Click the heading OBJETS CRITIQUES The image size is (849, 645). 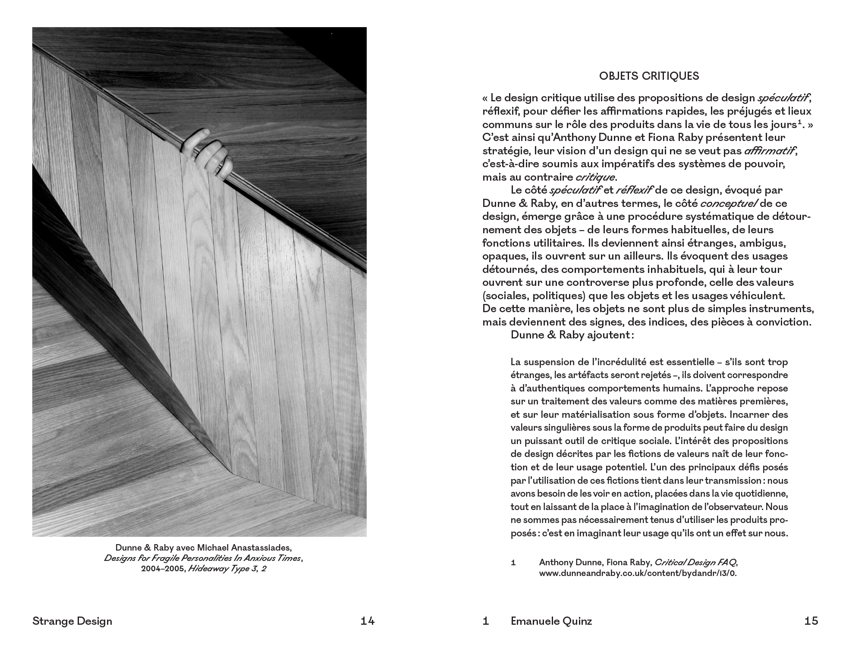pyautogui.click(x=649, y=76)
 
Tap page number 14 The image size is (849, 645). pyautogui.click(x=368, y=621)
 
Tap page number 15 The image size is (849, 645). pyautogui.click(x=811, y=621)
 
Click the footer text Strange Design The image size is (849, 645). pyautogui.click(x=72, y=621)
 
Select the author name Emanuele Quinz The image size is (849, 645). pyautogui.click(x=551, y=621)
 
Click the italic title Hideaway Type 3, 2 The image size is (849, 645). pyautogui.click(x=227, y=569)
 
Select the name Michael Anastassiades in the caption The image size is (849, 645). pyautogui.click(x=244, y=548)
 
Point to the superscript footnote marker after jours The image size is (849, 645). pyautogui.click(x=799, y=123)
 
